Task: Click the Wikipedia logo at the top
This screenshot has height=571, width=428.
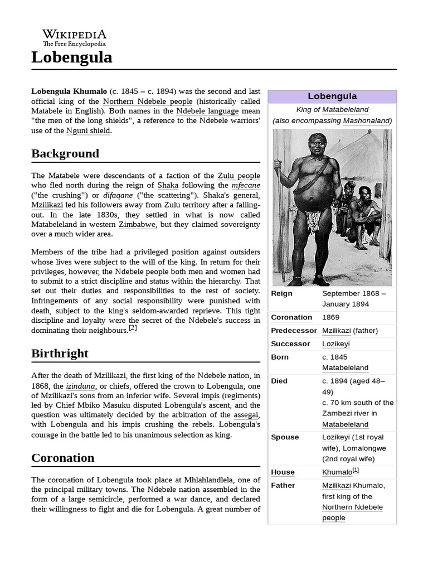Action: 74,37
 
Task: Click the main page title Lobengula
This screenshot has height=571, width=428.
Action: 71,57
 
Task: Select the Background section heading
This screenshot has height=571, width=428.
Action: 65,153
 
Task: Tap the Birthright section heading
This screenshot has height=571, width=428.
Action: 60,354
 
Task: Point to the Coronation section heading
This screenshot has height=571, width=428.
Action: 63,458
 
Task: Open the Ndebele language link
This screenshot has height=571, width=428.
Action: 207,111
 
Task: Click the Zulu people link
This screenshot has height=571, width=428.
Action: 239,175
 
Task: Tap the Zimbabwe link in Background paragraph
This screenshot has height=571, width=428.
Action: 137,224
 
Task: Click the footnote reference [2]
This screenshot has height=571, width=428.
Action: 133,328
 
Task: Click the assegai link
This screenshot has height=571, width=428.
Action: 247,415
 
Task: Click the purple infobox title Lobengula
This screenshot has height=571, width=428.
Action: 332,96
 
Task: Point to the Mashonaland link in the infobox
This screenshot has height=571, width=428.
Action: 367,120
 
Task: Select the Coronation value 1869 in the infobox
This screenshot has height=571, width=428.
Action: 331,317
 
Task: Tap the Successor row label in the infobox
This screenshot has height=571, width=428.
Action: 290,343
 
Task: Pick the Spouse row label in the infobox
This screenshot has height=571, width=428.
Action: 285,437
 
